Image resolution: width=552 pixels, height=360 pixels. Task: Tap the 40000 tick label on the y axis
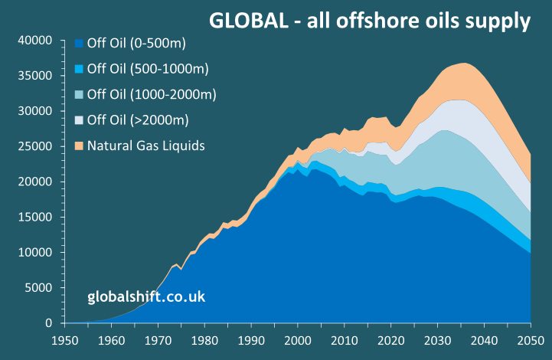(35, 41)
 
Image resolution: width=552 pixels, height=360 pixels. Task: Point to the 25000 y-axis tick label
(35, 146)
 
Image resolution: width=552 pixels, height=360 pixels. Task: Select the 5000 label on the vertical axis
(38, 288)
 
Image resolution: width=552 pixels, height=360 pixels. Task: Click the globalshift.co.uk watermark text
(146, 296)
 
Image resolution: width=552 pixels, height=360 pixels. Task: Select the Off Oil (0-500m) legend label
(136, 43)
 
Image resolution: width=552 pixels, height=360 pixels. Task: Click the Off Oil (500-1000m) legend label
(148, 69)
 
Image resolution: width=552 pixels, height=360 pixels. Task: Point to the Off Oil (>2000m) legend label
(138, 119)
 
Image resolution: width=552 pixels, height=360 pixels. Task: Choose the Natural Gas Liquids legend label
(145, 145)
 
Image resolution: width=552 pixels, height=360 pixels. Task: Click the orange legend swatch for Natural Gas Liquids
(78, 145)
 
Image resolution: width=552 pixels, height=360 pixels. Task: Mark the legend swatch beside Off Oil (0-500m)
(78, 43)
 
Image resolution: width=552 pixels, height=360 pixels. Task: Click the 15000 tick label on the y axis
(35, 218)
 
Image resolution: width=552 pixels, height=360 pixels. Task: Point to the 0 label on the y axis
(47, 323)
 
